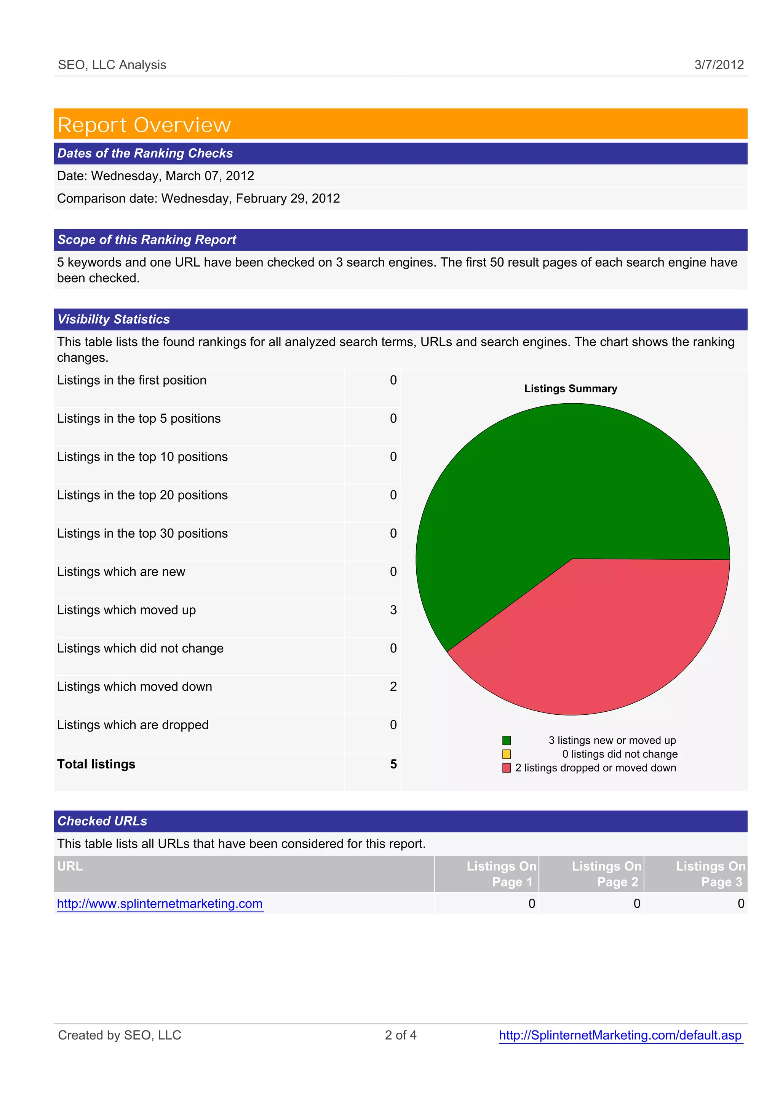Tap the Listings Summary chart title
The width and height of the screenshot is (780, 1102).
click(571, 388)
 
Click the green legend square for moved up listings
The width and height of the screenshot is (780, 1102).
click(506, 740)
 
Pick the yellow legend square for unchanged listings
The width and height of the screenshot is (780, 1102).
click(506, 754)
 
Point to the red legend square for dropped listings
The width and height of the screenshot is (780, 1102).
click(506, 768)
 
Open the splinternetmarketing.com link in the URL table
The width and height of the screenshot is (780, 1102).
click(160, 904)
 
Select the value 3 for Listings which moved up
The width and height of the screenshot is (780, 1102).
click(393, 610)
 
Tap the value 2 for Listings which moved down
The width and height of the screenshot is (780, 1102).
click(393, 687)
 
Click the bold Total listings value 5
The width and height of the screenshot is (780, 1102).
click(393, 764)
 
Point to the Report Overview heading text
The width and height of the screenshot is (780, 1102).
click(144, 125)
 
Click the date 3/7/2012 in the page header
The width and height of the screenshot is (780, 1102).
click(719, 65)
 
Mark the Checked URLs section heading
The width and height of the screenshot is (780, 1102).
click(102, 821)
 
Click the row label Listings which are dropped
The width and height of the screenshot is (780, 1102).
click(133, 725)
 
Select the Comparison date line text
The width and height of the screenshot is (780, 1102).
click(198, 198)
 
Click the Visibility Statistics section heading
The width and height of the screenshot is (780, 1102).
click(114, 319)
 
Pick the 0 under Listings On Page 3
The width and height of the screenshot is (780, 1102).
click(741, 904)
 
